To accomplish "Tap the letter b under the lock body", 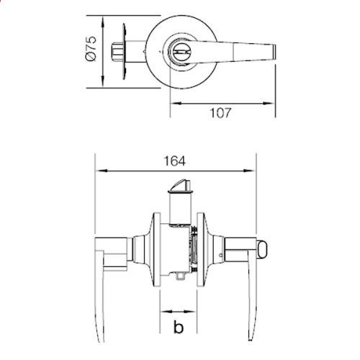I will tap(177, 328).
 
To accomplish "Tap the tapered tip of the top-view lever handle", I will tap(272, 51).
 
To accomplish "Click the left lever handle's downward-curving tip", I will tap(100, 335).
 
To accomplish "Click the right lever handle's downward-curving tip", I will tap(249, 335).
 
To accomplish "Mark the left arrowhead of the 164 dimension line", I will tap(99, 171).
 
